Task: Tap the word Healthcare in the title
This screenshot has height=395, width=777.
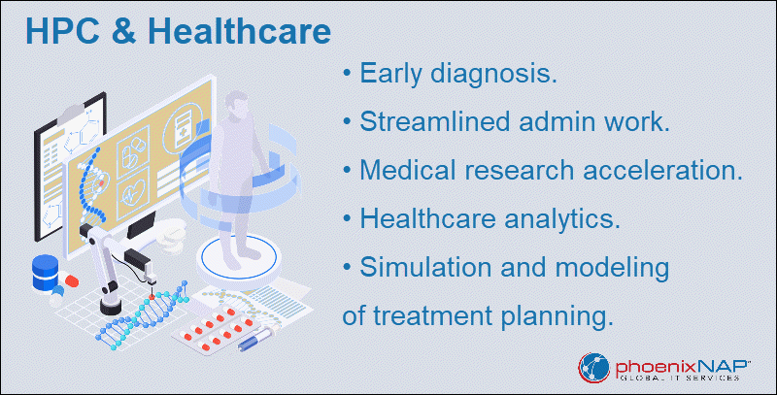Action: [x=239, y=31]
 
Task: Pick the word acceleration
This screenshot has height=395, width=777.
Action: [x=662, y=171]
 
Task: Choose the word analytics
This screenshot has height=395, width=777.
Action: [x=560, y=219]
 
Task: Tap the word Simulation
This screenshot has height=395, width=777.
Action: [x=426, y=268]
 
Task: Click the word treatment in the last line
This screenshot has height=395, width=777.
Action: [x=432, y=316]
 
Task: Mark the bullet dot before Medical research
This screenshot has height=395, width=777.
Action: [x=347, y=171]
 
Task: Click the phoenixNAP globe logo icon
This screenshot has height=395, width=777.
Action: [x=594, y=368]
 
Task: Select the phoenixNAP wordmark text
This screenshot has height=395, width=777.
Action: [x=683, y=367]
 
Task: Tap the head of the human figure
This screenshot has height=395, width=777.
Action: [x=236, y=104]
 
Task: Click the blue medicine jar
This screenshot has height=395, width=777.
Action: [x=45, y=273]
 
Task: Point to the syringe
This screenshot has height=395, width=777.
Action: [x=258, y=338]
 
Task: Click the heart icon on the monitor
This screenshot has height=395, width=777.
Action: [x=133, y=191]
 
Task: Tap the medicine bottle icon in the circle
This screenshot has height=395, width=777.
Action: [x=183, y=130]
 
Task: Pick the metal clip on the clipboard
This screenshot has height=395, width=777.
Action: [x=72, y=115]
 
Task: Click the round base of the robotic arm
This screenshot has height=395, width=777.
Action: [x=111, y=307]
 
